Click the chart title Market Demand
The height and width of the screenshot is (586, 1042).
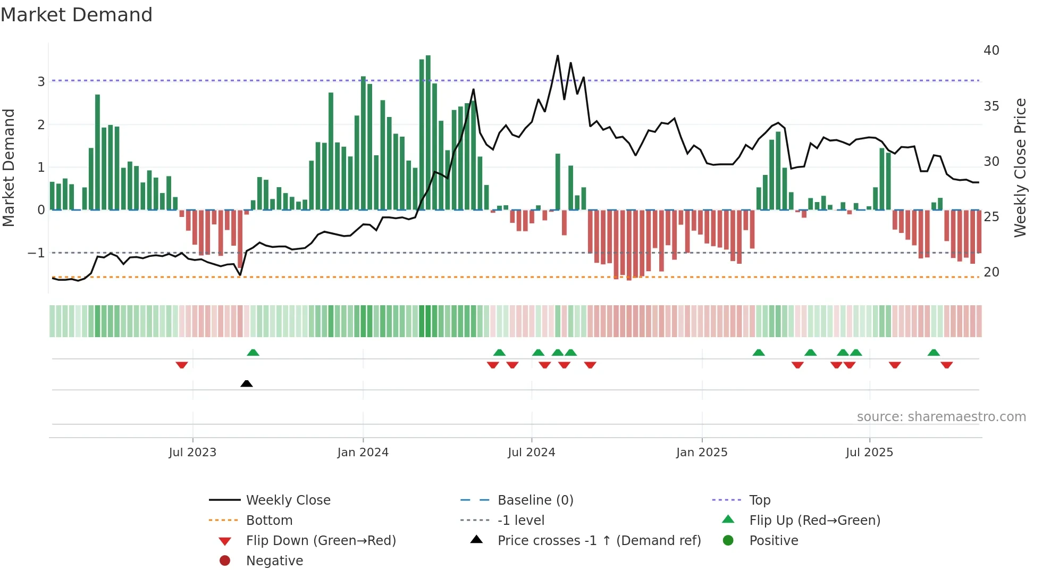[x=77, y=15]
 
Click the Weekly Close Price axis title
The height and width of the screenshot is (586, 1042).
[x=1020, y=168]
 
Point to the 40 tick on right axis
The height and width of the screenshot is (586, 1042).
[x=991, y=51]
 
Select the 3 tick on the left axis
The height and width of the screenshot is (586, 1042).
[x=41, y=81]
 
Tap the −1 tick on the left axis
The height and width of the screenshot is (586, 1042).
[x=36, y=253]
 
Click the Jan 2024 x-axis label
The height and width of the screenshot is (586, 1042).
[x=363, y=453]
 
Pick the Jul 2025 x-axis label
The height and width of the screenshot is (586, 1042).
[x=869, y=453]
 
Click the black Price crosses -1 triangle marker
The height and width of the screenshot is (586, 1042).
[x=247, y=383]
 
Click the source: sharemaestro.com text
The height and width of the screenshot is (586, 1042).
[x=941, y=417]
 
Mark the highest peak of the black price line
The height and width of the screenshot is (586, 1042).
[x=558, y=55]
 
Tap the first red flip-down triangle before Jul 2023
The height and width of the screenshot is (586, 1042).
[x=182, y=365]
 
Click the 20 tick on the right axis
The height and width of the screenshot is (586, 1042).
[x=991, y=272]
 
